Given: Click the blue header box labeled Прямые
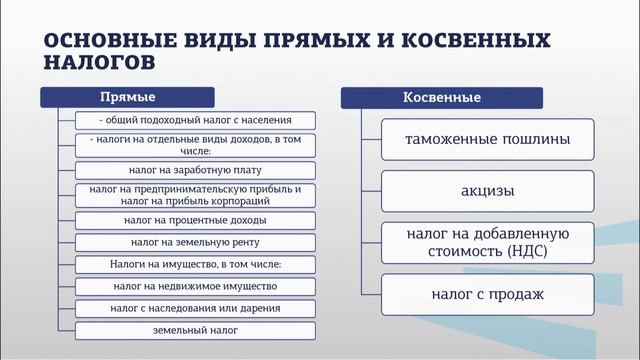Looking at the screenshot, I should (128, 98).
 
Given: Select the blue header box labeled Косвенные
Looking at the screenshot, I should (441, 98).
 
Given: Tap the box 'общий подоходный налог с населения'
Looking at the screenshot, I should (196, 120).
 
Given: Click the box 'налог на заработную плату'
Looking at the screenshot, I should (196, 169).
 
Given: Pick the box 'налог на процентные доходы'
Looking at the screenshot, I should (196, 219).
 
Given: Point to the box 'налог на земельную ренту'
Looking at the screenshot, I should (196, 242).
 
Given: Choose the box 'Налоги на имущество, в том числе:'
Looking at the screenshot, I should (196, 264).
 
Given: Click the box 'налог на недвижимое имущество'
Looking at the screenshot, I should (196, 286).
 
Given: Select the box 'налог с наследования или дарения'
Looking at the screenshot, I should (196, 308).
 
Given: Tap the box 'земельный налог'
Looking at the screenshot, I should (196, 330).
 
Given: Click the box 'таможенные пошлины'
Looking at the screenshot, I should (488, 140).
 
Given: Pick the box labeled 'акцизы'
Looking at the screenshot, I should (488, 191).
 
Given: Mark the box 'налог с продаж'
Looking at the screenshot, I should (488, 295).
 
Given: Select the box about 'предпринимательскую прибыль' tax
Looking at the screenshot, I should (196, 194).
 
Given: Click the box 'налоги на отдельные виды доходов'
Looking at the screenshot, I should (196, 145).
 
